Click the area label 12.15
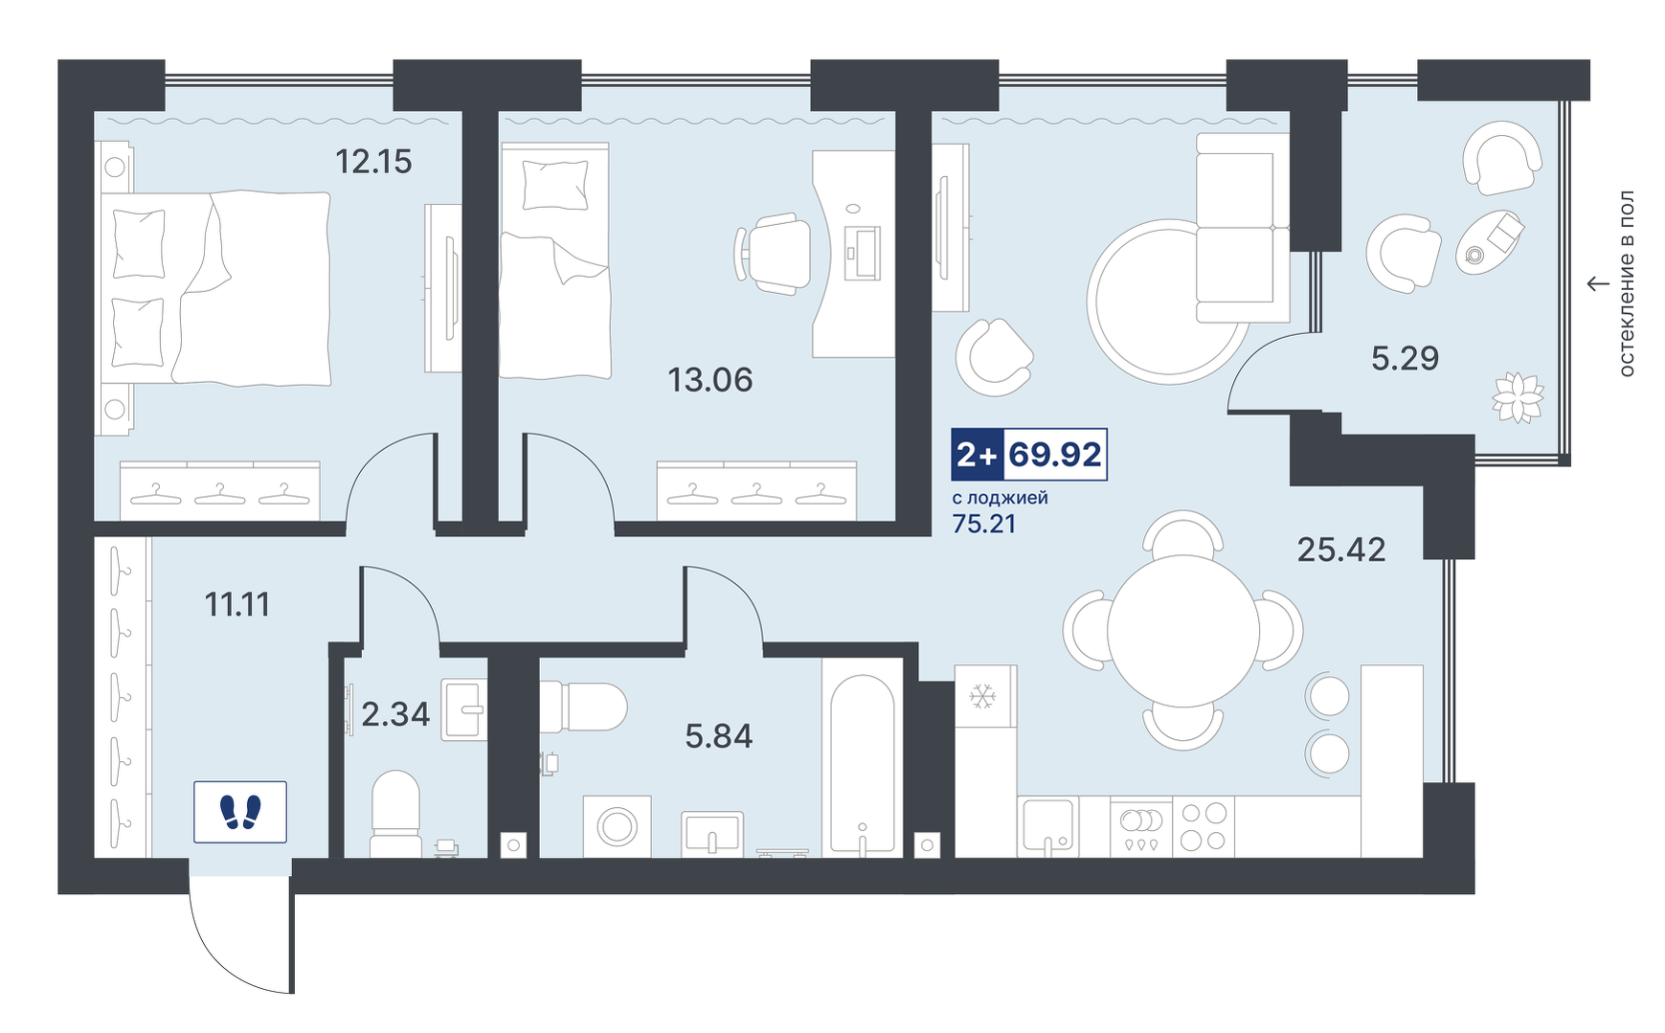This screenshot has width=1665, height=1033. [x=373, y=162]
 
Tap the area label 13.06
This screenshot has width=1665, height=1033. [x=710, y=380]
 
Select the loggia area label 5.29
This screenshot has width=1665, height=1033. [x=1405, y=358]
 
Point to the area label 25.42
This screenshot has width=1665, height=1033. [x=1341, y=550]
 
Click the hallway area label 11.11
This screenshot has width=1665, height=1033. [x=237, y=604]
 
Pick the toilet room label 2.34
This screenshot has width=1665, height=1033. [x=395, y=714]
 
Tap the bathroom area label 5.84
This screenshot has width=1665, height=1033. [x=719, y=736]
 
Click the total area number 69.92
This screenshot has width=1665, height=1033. [x=1055, y=454]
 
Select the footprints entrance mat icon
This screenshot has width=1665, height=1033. [x=240, y=812]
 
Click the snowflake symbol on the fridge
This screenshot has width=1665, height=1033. [x=982, y=696]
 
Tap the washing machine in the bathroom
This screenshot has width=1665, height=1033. [x=618, y=826]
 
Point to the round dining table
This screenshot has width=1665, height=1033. [x=1183, y=631]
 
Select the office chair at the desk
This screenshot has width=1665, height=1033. [x=774, y=253]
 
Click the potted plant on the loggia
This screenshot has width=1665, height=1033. [x=1518, y=396]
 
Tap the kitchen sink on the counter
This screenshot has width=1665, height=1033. [x=1048, y=825]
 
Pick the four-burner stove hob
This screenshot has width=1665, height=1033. [x=1204, y=826]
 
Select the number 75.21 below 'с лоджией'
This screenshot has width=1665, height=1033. [x=984, y=524]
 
